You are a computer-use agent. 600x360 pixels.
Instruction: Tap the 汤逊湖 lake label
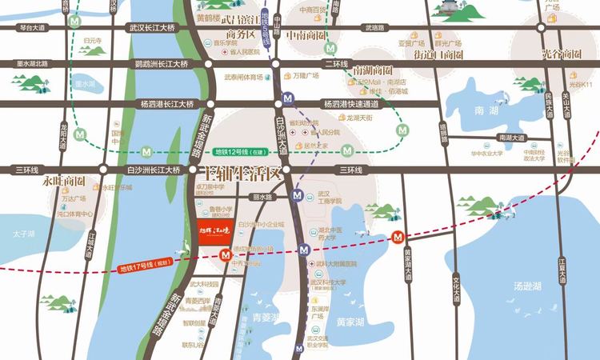[x=528, y=286]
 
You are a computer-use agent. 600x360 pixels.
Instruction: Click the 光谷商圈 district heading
[x=561, y=54]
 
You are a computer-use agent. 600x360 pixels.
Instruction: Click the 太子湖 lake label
[x=25, y=234]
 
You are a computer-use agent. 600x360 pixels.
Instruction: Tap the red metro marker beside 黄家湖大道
[x=398, y=238]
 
